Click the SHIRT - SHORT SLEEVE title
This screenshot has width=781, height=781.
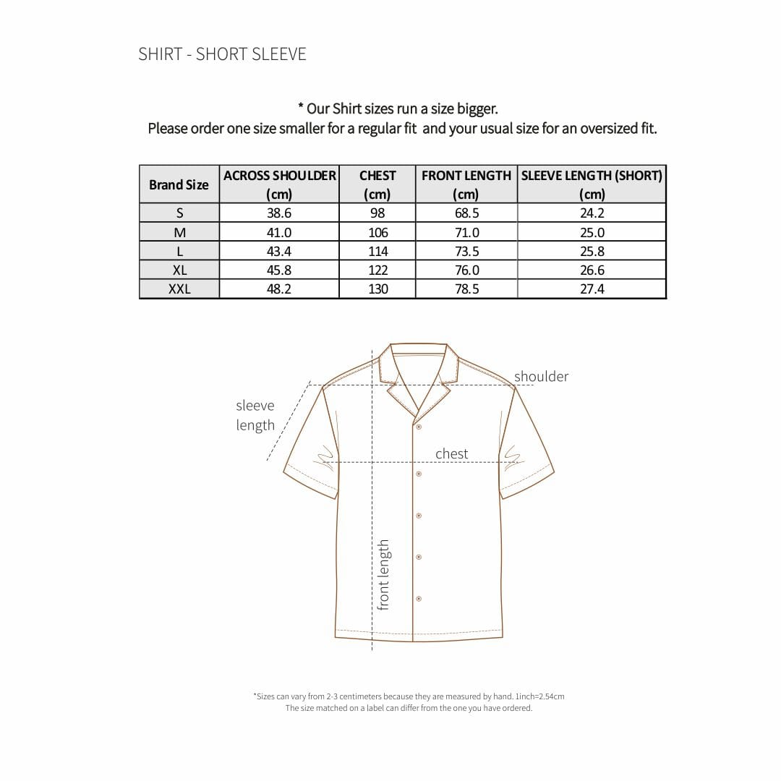tap(222, 54)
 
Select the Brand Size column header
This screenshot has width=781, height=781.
tap(179, 184)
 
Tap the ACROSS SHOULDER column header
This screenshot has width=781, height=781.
tap(279, 184)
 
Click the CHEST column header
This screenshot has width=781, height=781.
tap(377, 184)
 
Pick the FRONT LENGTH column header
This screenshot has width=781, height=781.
tap(466, 184)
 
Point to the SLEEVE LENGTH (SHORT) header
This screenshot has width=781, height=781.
tap(592, 184)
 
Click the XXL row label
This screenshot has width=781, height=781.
tap(179, 289)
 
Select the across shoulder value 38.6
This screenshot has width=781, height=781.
tap(279, 213)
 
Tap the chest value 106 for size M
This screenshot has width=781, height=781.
tap(377, 232)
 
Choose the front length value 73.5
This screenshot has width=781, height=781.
tap(466, 251)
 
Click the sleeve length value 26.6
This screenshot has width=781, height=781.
tap(592, 270)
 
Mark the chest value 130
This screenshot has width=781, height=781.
tap(377, 289)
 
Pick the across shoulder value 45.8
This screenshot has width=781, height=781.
tap(279, 270)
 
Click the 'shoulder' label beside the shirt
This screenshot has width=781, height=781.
tap(541, 376)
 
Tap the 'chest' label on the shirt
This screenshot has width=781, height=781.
tap(451, 453)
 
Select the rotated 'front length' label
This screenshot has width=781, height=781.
tap(383, 574)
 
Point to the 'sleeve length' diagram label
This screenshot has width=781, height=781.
tap(255, 415)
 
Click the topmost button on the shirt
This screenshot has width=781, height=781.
tap(419, 427)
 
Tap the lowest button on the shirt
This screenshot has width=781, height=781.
tap(419, 599)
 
